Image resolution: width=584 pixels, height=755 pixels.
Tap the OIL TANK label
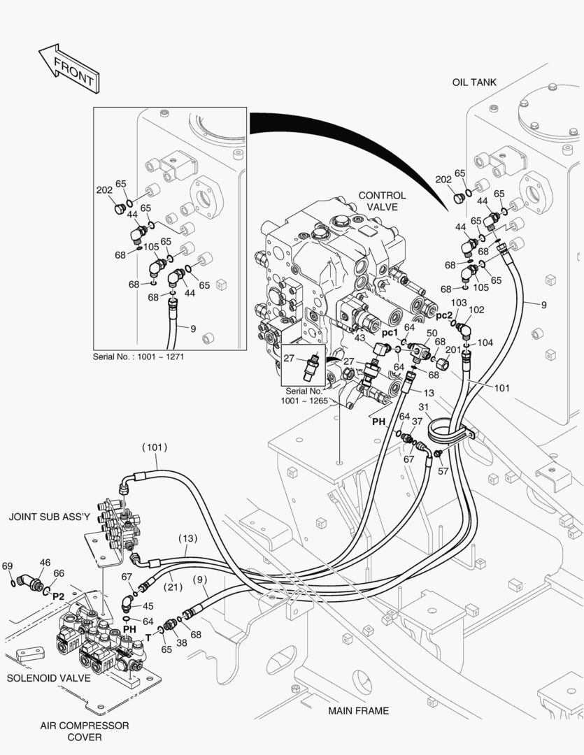473,82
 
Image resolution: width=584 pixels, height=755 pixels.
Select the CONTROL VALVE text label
382,201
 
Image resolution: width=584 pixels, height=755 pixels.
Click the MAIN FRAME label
358,711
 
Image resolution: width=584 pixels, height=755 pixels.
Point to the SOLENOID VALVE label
48,678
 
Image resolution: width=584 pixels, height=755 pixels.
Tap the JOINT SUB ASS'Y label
50,517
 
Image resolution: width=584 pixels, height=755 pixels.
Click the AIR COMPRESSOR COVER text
84,731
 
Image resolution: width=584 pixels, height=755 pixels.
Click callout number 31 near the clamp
423,408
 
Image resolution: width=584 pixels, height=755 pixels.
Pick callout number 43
360,338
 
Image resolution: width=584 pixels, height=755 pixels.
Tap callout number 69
8,566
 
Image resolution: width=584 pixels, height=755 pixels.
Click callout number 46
45,562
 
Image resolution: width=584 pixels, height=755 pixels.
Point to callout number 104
485,343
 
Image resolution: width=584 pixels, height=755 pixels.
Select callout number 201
453,350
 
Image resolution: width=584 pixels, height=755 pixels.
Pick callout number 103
459,303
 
